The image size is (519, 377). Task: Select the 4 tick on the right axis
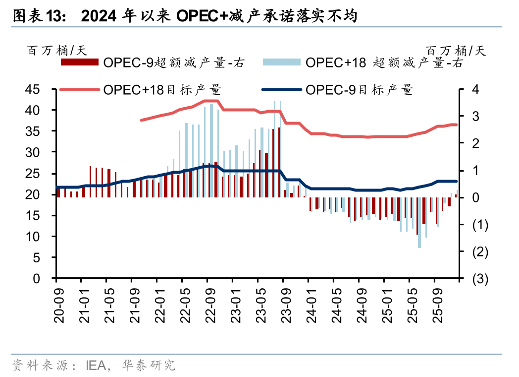(x=476, y=90)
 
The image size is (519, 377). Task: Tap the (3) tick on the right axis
(x=480, y=279)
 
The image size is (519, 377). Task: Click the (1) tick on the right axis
(x=480, y=225)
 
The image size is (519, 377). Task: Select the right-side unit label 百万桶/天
(x=456, y=50)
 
